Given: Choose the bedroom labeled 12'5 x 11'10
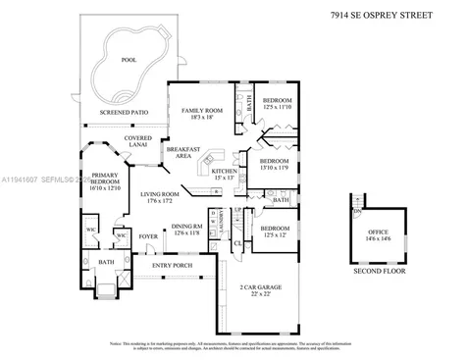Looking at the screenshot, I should coord(277,104).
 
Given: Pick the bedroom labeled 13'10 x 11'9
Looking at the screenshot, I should coord(274,165).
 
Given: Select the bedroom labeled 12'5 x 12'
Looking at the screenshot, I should coord(275,231).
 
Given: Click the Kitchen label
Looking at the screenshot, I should coord(225,175).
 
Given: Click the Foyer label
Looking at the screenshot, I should coord(147,236).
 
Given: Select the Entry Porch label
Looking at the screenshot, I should coord(171,265).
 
